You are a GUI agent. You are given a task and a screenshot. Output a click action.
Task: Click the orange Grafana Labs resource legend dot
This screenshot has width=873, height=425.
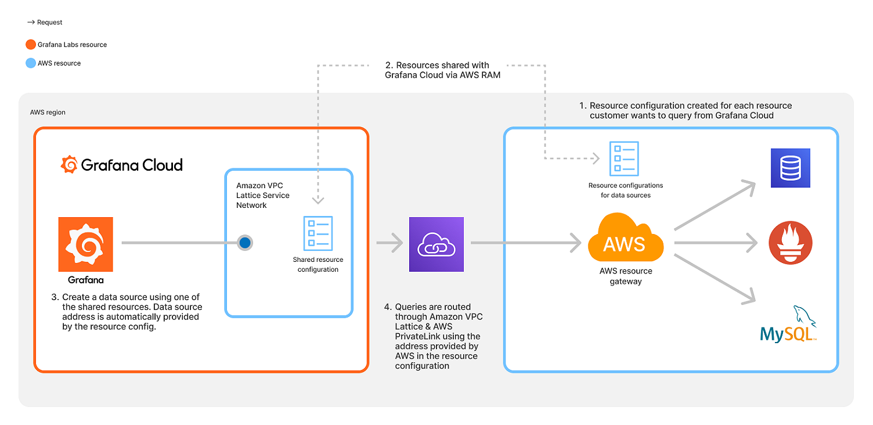31,45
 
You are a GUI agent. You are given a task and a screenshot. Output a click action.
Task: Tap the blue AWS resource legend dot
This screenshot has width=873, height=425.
31,63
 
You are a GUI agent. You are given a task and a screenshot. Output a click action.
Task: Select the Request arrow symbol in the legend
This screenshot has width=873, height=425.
31,23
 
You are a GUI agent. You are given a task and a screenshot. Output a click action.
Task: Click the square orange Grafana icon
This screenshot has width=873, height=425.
85,244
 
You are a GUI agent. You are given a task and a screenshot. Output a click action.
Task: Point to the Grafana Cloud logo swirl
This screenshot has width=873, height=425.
69,164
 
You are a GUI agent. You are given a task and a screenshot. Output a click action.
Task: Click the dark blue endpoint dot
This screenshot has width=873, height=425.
245,243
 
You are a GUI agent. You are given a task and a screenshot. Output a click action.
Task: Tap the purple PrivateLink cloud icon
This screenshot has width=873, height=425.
436,244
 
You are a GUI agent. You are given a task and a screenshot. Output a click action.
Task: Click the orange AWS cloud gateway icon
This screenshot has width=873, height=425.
625,239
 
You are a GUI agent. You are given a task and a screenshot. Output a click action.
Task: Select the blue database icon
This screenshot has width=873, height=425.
790,168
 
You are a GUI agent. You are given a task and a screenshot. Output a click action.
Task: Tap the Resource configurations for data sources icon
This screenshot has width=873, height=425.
624,159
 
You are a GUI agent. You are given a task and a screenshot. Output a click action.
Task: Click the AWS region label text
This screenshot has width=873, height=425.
48,112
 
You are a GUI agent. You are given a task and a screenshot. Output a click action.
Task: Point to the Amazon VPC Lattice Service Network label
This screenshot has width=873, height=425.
263,196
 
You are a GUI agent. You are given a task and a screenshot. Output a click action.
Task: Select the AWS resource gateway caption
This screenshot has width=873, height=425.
626,276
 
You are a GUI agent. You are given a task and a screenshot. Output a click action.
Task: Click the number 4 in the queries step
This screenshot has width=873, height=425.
387,307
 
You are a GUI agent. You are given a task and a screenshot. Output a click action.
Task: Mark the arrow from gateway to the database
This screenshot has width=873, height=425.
715,206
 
